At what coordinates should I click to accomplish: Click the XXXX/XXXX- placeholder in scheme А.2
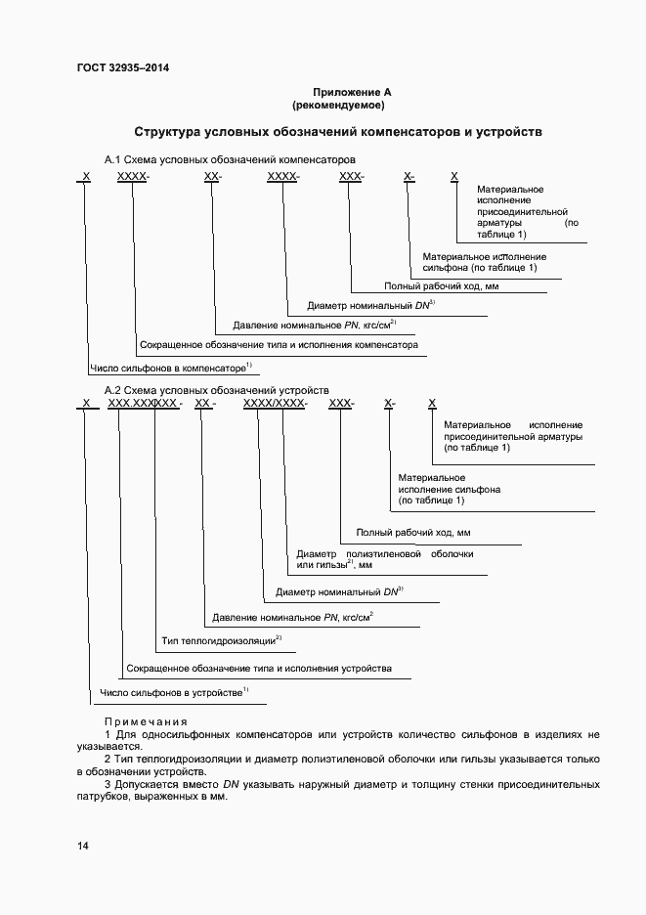276,403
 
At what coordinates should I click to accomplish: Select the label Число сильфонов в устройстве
173,693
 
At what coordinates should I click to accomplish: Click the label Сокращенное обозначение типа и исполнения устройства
259,669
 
